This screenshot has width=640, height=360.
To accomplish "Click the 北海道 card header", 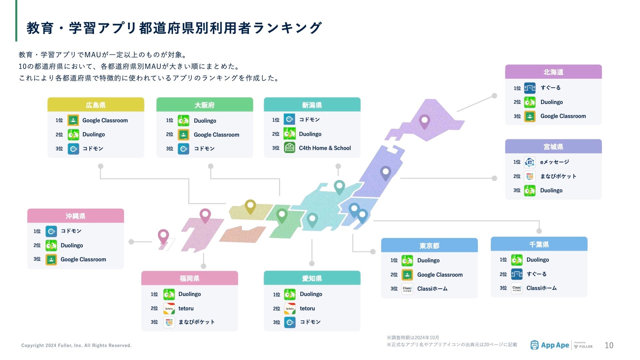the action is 553,72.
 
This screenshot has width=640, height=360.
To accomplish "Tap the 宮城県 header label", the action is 553,147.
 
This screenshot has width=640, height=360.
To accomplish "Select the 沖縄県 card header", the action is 75,216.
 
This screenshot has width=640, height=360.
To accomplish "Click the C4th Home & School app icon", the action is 289,148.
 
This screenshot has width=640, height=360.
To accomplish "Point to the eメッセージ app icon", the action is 530,162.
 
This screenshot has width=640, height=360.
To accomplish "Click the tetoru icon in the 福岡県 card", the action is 169,308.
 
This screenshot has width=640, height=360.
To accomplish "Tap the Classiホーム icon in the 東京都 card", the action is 407,289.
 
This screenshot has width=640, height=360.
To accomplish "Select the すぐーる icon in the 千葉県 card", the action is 517,274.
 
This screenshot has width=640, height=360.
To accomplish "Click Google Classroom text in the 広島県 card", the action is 105,120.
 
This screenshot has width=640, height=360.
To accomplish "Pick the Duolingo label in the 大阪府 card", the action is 205,121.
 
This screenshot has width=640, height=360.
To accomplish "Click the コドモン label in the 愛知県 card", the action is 310,322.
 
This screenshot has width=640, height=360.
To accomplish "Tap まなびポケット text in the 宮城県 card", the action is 558,176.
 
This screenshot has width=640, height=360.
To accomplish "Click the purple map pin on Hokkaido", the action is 424,121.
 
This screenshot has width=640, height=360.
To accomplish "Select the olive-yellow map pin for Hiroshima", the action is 250,206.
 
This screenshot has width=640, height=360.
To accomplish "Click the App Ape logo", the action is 550,345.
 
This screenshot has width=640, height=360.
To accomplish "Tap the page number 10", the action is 609,345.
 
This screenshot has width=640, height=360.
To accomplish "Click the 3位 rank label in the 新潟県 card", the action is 276,148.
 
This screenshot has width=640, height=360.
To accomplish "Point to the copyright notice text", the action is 76,345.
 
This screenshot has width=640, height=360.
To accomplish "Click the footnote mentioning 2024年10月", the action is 413,338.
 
